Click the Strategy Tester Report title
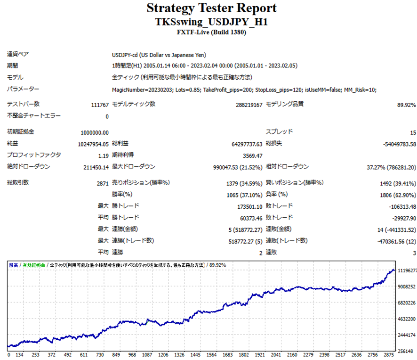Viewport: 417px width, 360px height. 211,8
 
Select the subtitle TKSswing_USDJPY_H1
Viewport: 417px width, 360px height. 211,22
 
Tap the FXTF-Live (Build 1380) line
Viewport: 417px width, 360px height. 211,33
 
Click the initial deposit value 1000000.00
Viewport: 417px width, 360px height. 95,132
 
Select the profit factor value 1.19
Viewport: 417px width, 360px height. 103,155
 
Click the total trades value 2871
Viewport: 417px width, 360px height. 102,183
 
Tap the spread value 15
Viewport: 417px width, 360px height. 412,132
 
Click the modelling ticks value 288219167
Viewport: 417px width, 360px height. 249,105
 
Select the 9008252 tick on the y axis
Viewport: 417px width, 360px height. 407,286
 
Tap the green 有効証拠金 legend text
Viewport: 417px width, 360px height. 34,265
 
